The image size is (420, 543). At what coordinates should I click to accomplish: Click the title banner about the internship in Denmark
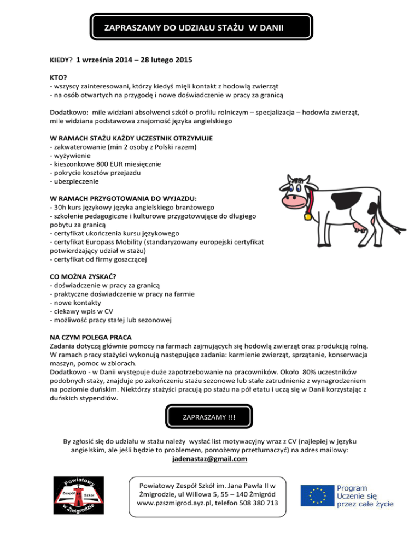pyautogui.click(x=189, y=26)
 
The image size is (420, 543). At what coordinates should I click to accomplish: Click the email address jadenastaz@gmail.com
pyautogui.click(x=209, y=459)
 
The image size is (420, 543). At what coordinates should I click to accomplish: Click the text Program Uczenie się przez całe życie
pyautogui.click(x=364, y=496)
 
